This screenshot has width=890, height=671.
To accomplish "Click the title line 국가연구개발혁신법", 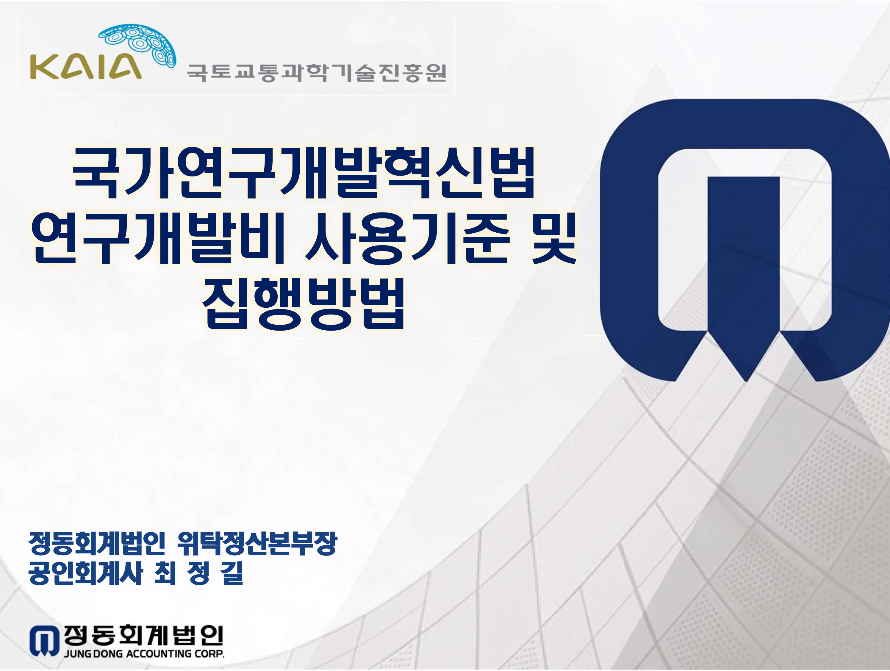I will pyautogui.click(x=304, y=173).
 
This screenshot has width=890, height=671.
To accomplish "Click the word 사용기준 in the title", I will pyautogui.click(x=407, y=240).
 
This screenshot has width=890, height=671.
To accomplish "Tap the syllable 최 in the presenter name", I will pyautogui.click(x=165, y=573).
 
